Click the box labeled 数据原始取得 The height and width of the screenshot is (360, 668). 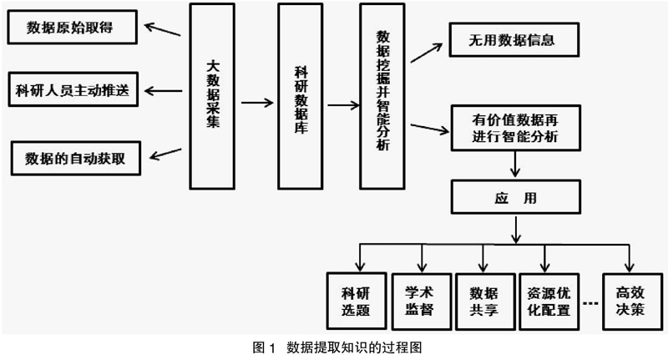73,28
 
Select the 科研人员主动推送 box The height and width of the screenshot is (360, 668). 73,89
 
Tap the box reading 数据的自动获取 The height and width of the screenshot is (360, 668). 76,159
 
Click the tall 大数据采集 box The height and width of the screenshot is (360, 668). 212,96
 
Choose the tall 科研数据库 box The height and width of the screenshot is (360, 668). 301,96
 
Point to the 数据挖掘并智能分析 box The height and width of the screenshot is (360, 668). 382,96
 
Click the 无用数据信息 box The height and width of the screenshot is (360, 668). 514,40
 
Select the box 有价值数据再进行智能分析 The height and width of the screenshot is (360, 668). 516,129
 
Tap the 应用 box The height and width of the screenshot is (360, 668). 516,197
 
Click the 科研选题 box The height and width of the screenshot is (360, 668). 357,302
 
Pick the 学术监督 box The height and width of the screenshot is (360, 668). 422,302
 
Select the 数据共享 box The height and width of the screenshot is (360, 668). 485,302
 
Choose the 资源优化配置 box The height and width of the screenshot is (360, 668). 549,302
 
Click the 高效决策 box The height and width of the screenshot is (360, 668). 633,302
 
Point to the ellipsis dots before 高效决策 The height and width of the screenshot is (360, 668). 590,303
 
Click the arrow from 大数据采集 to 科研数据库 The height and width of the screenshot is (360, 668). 257,102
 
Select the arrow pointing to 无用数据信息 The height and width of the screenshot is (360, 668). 427,53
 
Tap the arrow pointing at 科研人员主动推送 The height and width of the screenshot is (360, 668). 163,91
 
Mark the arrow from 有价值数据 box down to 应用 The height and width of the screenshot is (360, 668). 515,164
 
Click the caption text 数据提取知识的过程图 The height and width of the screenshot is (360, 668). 354,347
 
